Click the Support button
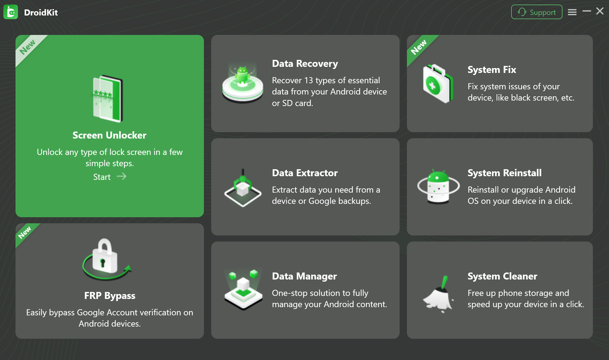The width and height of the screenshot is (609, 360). click(x=536, y=12)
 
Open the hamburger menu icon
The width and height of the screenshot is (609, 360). click(x=572, y=12)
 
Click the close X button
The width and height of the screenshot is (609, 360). click(x=600, y=11)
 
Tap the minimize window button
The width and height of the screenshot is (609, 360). click(x=587, y=11)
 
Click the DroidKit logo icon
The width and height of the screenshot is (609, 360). click(x=11, y=12)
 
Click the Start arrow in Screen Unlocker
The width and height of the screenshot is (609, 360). click(x=122, y=177)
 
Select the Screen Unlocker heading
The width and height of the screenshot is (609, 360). click(x=109, y=135)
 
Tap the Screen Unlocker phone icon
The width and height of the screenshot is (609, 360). click(x=108, y=99)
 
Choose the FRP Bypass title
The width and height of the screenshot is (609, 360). click(x=110, y=296)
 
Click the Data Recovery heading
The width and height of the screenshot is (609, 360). click(x=305, y=63)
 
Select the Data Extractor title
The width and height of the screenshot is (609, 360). click(x=305, y=173)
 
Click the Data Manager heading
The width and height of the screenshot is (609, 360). click(x=304, y=276)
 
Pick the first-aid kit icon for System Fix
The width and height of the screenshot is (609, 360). click(x=438, y=84)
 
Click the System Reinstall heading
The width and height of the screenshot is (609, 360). click(x=504, y=173)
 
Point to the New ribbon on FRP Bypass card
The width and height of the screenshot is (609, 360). click(x=25, y=233)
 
